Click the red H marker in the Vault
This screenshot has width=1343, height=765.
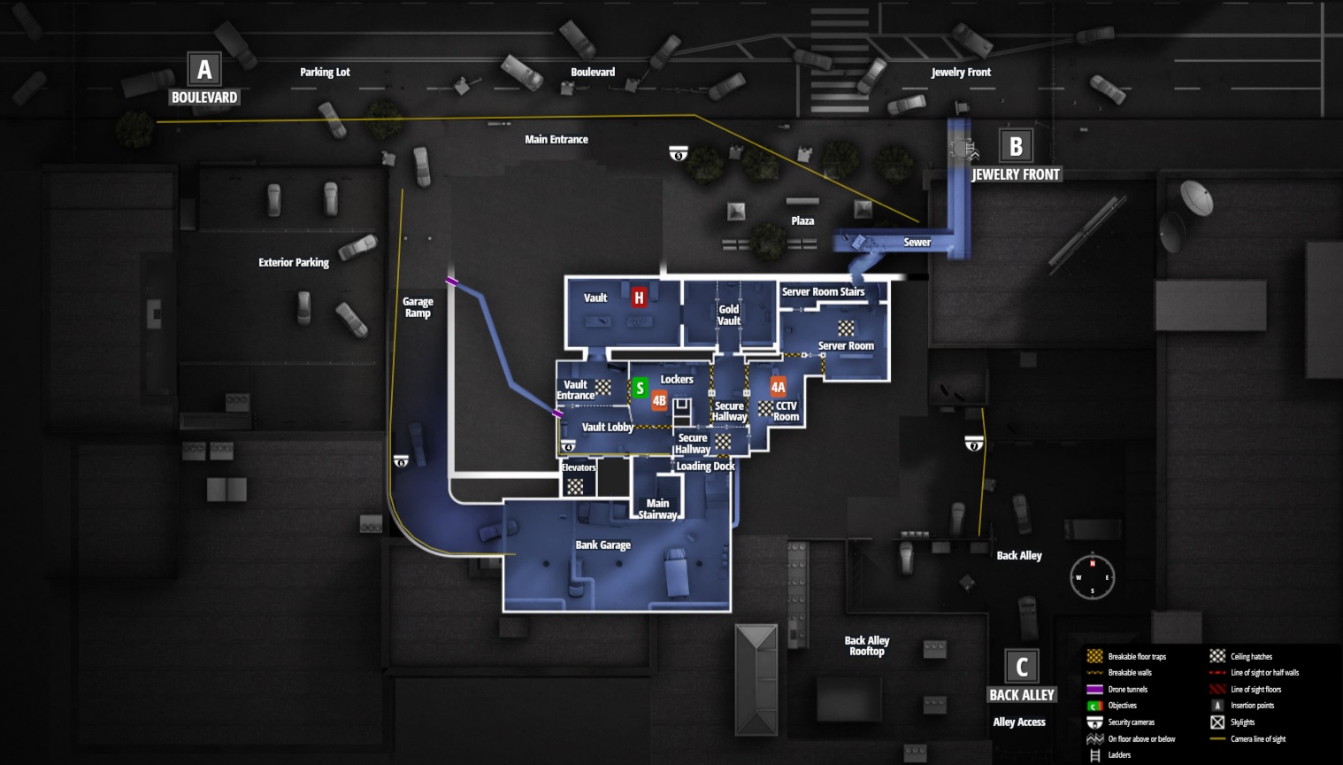point(639,297)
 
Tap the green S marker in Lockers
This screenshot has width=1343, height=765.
point(640,388)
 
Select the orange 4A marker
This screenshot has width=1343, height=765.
point(778,387)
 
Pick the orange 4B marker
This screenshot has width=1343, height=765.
point(659,400)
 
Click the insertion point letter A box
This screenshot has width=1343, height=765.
point(204,69)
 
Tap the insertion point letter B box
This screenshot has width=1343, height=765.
point(1016,146)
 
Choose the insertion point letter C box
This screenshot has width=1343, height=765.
point(1022,666)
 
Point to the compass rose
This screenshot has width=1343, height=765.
point(1092,577)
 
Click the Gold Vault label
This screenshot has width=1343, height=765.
point(729,315)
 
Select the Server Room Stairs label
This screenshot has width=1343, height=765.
point(823,291)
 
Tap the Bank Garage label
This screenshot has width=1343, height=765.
point(602,545)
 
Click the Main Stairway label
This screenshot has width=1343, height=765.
point(658,509)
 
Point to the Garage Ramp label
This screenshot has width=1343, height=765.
point(418,307)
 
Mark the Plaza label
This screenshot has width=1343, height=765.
point(802,220)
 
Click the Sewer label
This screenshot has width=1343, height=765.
point(917,243)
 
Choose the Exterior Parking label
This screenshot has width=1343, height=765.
point(293,262)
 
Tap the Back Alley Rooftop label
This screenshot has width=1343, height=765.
point(867,645)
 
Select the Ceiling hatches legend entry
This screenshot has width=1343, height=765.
point(1250,657)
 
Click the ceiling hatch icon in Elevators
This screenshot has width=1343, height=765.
point(575,485)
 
